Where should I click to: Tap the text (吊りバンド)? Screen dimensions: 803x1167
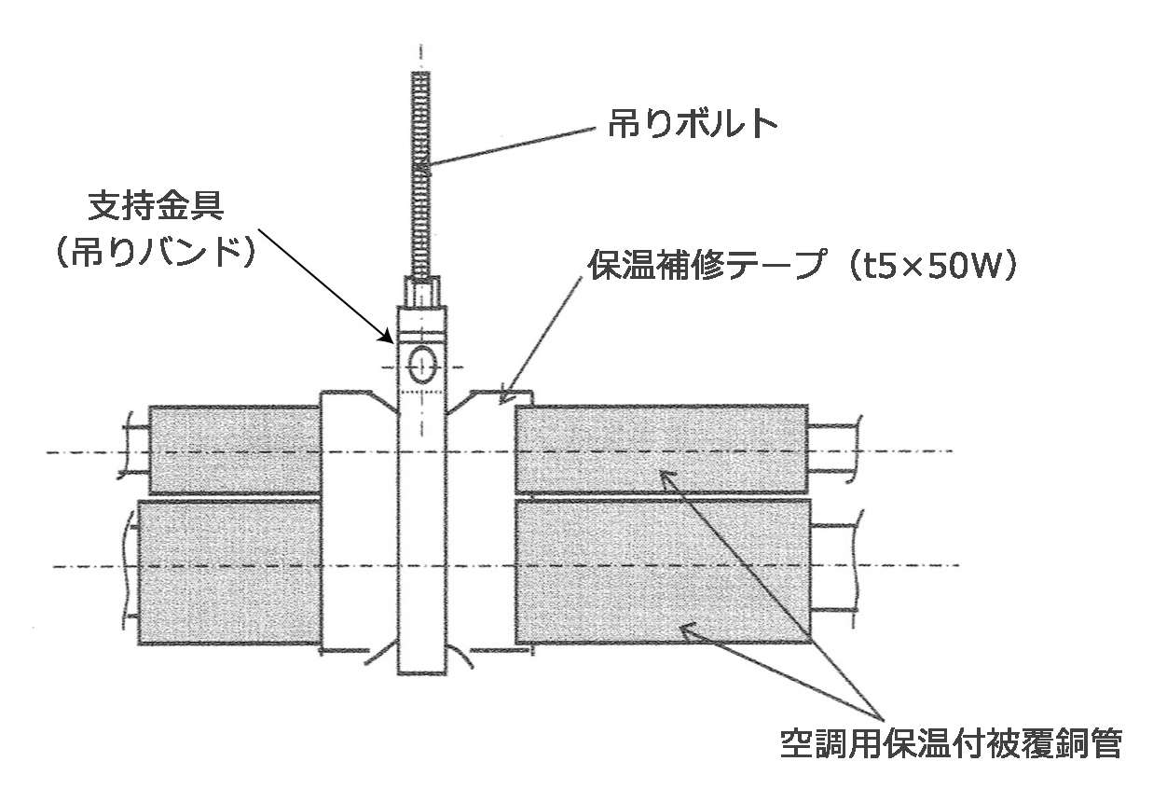click(155, 254)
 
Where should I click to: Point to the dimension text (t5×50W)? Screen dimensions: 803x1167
click(927, 269)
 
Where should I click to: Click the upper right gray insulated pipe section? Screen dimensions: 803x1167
click(660, 449)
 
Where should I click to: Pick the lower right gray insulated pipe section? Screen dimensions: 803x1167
click(660, 572)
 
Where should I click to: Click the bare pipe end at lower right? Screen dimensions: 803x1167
click(832, 566)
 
